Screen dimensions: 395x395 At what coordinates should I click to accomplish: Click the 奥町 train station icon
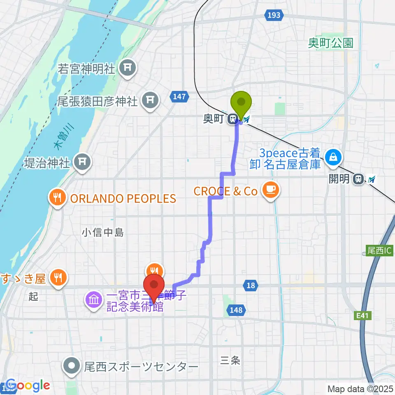tap(233, 119)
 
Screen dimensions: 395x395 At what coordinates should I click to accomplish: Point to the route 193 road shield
tap(275, 15)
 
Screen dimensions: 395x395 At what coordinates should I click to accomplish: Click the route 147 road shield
tap(179, 97)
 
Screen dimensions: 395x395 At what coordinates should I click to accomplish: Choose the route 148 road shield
tap(236, 310)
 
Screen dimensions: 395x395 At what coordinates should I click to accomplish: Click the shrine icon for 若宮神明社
tap(128, 68)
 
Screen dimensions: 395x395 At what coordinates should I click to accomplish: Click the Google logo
tap(28, 386)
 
